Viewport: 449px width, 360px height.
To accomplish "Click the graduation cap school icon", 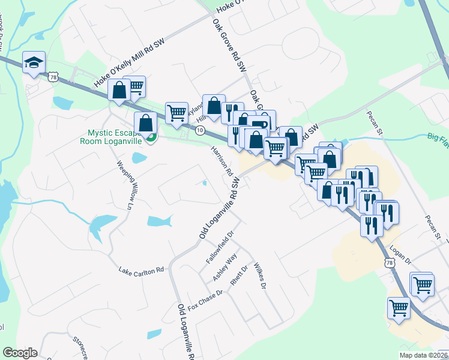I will pos(34,62).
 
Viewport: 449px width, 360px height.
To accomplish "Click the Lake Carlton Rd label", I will pos(141,271).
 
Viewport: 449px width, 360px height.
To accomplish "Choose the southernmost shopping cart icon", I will pos(399,308).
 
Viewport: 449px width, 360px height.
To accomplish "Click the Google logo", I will pos(20,353).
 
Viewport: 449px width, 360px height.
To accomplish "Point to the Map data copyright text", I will pos(423,355).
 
